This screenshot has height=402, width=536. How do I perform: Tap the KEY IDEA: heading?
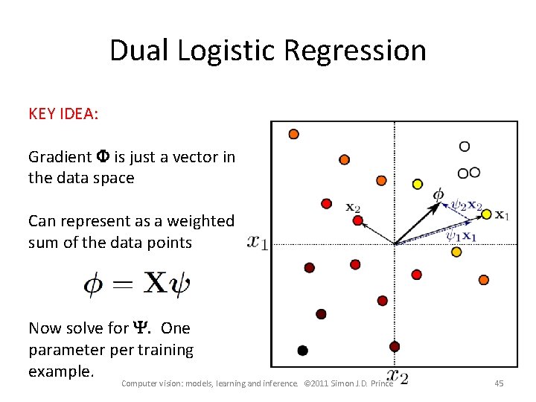tap(63, 114)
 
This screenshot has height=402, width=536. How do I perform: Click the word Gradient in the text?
tap(60, 157)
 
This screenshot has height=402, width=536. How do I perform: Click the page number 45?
tap(499, 383)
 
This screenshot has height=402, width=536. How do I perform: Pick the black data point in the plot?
tap(302, 350)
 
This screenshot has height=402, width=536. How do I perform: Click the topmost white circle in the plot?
tap(465, 147)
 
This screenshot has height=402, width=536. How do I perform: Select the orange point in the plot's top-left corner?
tap(293, 134)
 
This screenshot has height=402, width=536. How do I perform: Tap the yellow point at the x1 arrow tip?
tap(486, 214)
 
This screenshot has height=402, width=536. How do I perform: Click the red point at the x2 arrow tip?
tap(358, 220)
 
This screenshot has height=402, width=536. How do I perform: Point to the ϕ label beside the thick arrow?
tap(438, 195)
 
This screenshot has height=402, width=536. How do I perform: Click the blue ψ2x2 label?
tap(468, 205)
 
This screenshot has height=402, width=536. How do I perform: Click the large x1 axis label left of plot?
tap(258, 243)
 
